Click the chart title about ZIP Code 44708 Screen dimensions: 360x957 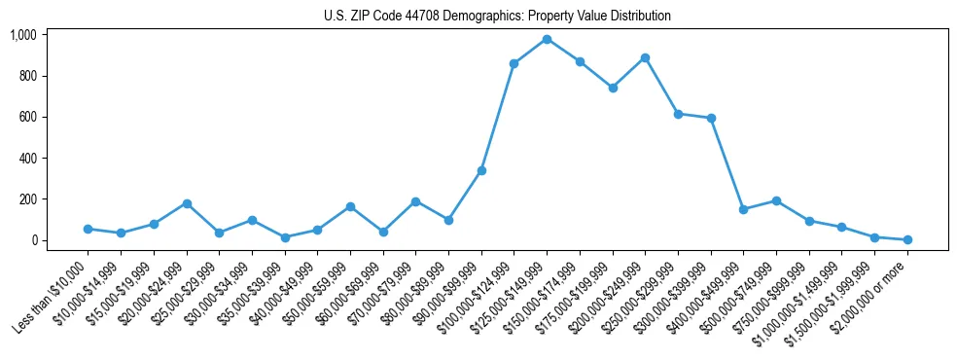(497, 17)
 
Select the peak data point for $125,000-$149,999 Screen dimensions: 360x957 (547, 39)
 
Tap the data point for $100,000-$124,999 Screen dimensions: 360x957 (514, 63)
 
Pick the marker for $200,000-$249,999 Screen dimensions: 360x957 (645, 57)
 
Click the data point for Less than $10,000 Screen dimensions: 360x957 (88, 229)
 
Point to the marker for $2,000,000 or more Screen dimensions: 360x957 (907, 239)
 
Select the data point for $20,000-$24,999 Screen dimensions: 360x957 (187, 203)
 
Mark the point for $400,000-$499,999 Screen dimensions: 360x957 (743, 209)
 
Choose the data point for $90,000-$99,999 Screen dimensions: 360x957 (481, 170)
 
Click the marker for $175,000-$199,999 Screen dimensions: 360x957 (613, 88)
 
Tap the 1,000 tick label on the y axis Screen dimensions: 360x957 (23, 35)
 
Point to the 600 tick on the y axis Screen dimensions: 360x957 (28, 117)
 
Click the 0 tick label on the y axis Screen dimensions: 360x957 (34, 240)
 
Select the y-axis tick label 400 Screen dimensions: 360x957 (28, 158)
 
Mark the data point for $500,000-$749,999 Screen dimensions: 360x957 (776, 200)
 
